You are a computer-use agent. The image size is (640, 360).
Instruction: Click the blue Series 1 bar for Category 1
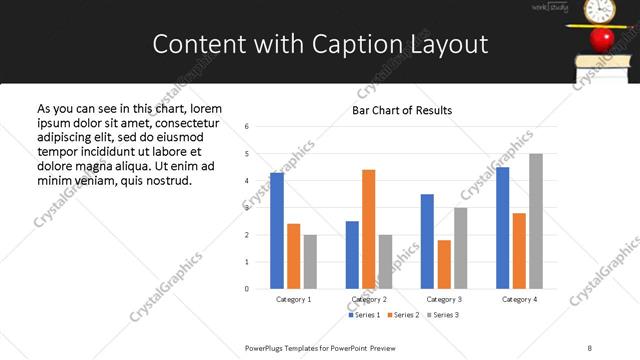(x=277, y=231)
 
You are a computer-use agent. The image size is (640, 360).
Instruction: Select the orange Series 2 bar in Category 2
(x=368, y=229)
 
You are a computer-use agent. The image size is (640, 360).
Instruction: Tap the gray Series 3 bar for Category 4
(x=536, y=221)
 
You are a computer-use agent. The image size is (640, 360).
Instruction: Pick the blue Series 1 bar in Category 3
(x=427, y=241)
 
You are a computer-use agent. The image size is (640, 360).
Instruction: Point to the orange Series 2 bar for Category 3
(x=444, y=264)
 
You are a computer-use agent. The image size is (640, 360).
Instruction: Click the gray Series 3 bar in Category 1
(x=310, y=262)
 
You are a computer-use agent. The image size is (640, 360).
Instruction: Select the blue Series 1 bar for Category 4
(x=503, y=228)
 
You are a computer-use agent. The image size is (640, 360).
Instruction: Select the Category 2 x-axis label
(x=369, y=299)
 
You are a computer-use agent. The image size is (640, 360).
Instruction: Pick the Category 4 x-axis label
(x=519, y=299)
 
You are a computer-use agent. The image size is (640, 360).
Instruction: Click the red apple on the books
(x=601, y=39)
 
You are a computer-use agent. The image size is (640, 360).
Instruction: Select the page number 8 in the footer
(x=589, y=347)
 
